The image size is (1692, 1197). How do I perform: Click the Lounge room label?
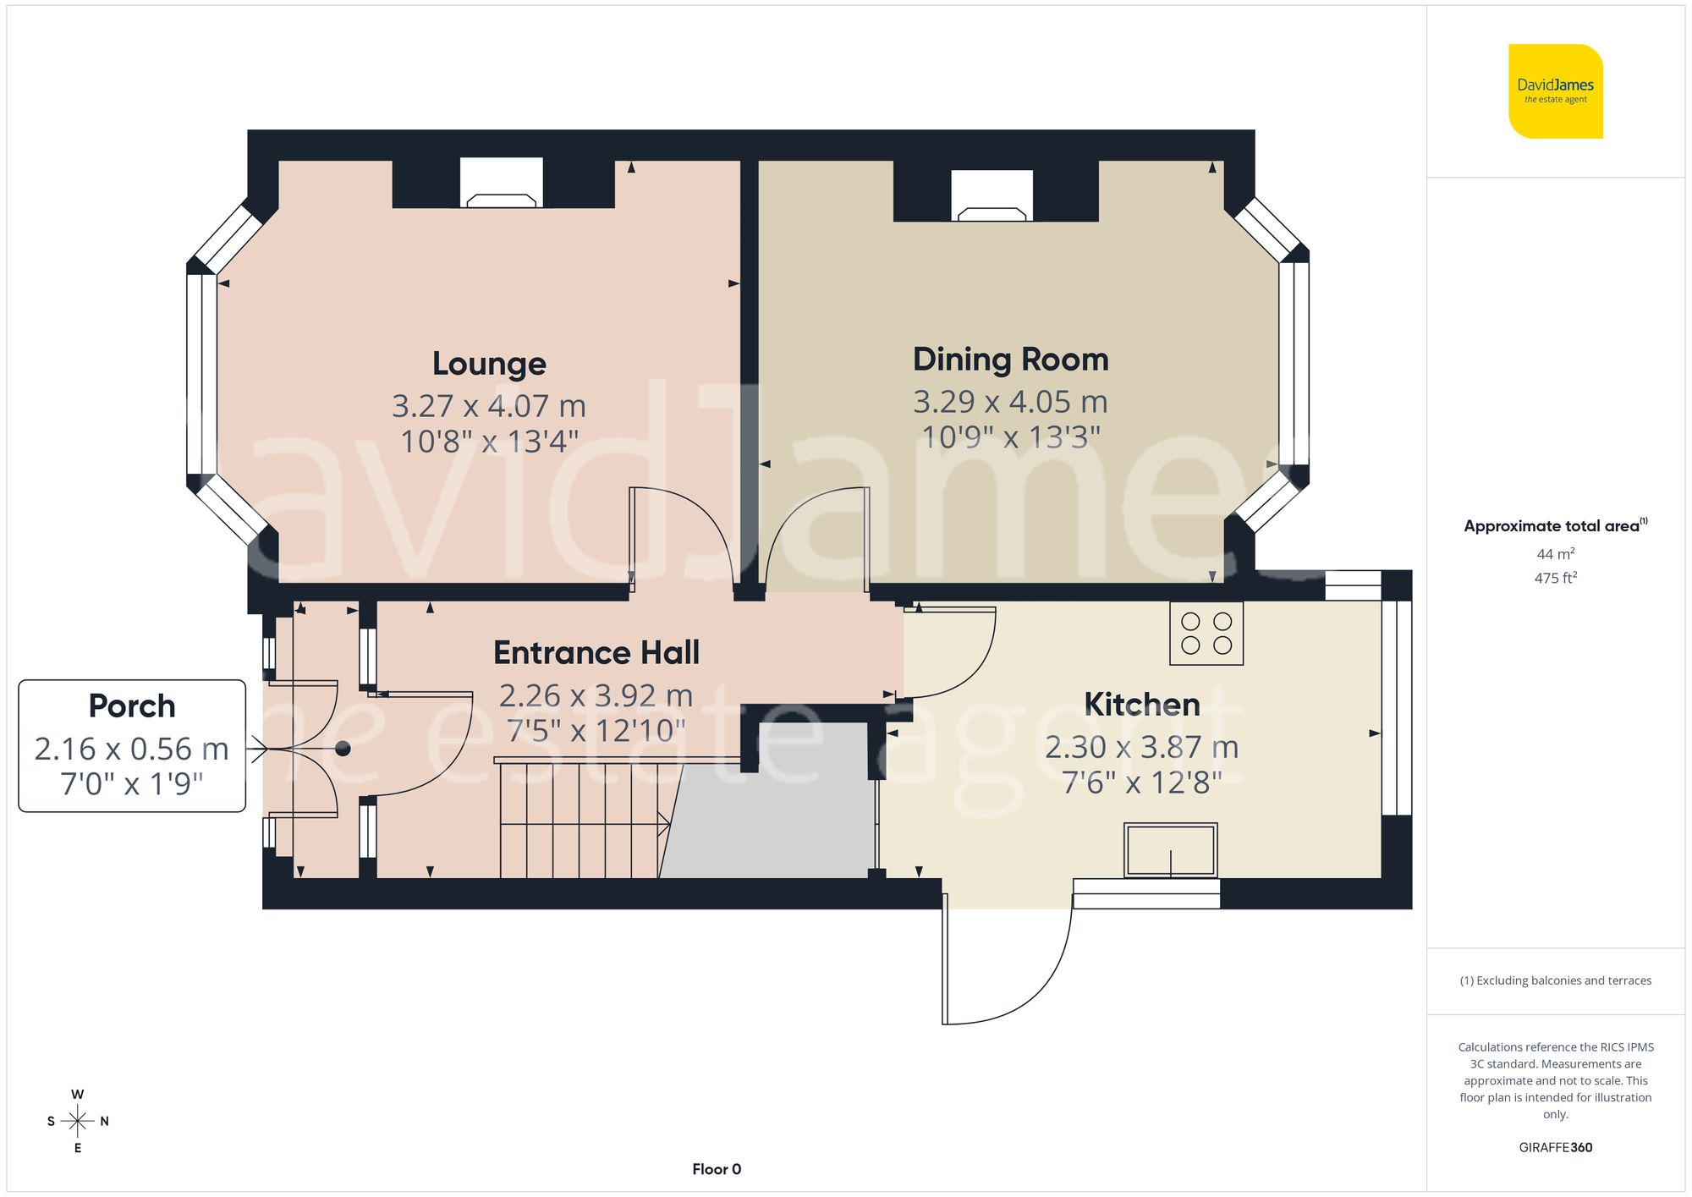tap(489, 364)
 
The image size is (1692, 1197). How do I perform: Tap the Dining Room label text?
tap(1010, 360)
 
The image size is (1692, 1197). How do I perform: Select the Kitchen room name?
tap(1141, 705)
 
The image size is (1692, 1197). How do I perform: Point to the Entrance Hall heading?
tap(596, 653)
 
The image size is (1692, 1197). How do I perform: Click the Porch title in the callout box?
tap(132, 706)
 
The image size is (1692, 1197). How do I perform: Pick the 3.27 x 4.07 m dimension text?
tap(489, 406)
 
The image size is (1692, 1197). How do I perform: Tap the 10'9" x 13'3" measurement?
tap(1010, 437)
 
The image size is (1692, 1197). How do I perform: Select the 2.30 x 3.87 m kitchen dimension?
tap(1141, 747)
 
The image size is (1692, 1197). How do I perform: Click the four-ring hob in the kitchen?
tap(1206, 633)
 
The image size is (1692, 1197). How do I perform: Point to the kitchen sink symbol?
tap(1170, 850)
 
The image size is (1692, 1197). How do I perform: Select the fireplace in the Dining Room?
tap(992, 197)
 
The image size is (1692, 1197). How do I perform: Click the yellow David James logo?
tap(1555, 91)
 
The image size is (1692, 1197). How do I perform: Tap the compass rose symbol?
tap(78, 1122)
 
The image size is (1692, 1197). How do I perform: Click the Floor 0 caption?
tap(717, 1169)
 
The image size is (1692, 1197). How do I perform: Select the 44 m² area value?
tap(1555, 554)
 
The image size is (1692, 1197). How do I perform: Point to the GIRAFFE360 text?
tap(1555, 1147)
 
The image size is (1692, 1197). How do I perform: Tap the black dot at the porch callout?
tap(343, 749)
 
